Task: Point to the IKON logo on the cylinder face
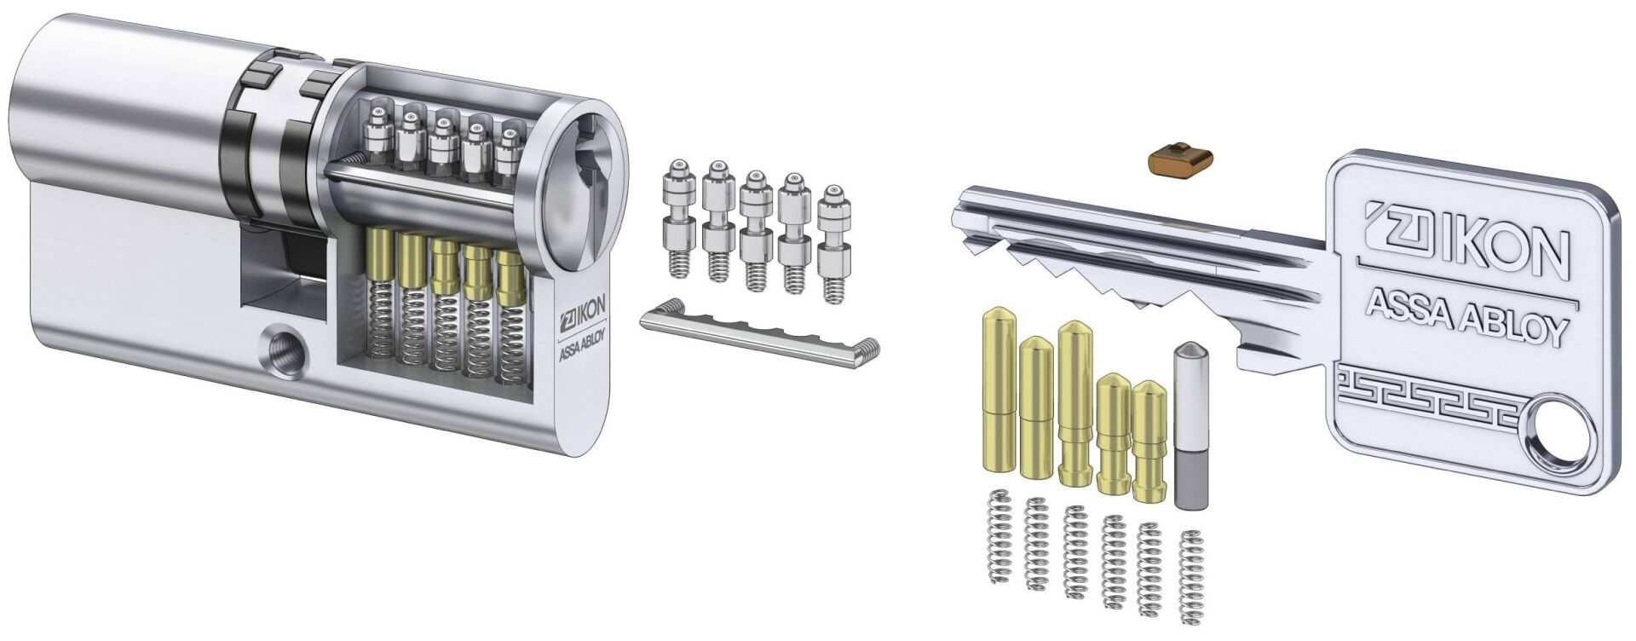point(582,322)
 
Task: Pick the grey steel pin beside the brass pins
point(1190,426)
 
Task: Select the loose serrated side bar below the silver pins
point(759,334)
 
